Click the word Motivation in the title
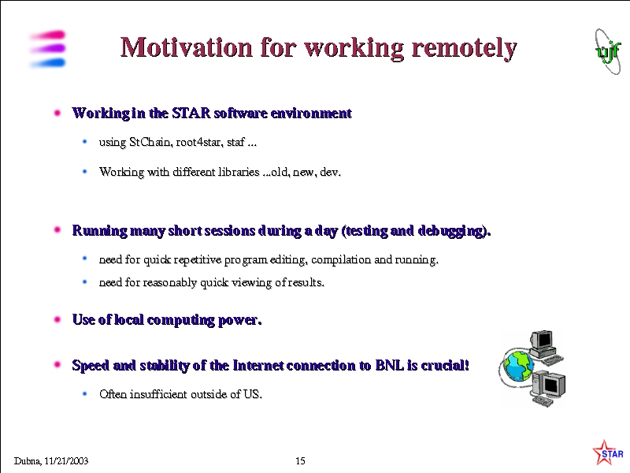[x=187, y=47]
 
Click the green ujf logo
[x=608, y=51]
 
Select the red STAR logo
[x=607, y=453]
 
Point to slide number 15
[x=300, y=461]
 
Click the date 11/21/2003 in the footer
[x=66, y=461]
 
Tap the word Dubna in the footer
[x=28, y=461]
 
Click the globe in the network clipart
[x=519, y=366]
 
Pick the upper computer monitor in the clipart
[x=543, y=341]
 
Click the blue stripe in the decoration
[x=48, y=63]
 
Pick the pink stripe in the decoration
[x=48, y=35]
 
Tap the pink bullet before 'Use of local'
[x=57, y=320]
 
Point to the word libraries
[x=239, y=172]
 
